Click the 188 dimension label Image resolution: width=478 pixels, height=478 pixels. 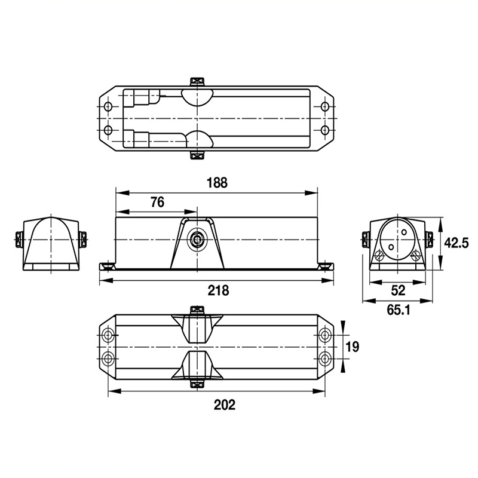(217, 183)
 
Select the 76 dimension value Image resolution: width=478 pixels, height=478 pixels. (157, 202)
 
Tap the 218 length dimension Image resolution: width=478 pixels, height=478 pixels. (218, 290)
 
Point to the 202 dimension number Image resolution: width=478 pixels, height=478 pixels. (225, 405)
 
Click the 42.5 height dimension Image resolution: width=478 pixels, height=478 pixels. (456, 243)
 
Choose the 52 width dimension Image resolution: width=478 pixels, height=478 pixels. (398, 290)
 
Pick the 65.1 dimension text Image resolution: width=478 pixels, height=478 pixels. (399, 310)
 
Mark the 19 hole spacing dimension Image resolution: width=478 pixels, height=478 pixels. (353, 347)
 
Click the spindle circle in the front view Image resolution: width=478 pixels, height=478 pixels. (197, 240)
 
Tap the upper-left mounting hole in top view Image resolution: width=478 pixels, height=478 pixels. (108, 107)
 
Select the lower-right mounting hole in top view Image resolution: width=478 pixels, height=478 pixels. (325, 130)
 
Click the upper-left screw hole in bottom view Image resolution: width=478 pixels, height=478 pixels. (108, 335)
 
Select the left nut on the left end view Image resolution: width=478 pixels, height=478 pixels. (19, 240)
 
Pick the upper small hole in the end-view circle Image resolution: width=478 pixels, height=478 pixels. (404, 232)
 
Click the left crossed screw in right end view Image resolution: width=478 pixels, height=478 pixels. (379, 256)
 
